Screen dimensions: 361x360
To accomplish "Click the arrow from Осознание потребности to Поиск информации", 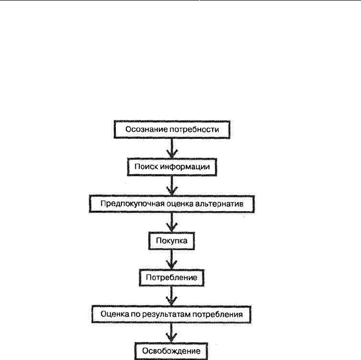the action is [x=172, y=148].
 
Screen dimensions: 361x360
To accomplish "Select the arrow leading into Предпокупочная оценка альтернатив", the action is [x=172, y=186].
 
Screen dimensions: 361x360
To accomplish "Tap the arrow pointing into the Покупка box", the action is [x=172, y=222].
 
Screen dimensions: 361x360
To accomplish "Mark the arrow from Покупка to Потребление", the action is [x=172, y=260].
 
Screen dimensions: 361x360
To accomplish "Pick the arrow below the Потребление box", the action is [x=171, y=296].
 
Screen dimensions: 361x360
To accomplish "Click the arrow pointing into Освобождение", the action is [x=171, y=333].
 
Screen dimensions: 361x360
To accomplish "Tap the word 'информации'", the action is [x=185, y=167].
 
